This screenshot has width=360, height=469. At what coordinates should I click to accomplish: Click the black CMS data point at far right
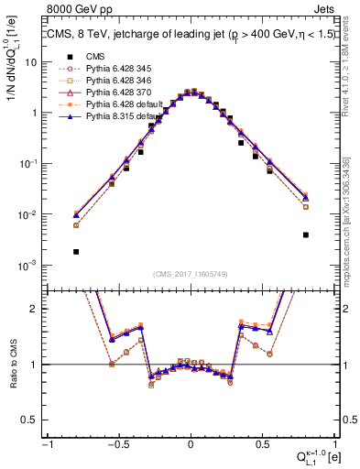click(305, 234)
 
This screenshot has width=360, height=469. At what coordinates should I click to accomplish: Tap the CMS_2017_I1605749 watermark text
click(190, 275)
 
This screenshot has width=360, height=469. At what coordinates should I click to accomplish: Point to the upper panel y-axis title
click(13, 92)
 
